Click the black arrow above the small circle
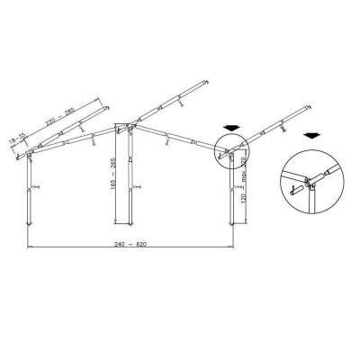click(x=230, y=128)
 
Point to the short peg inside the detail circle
click(x=295, y=190)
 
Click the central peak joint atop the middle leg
click(x=124, y=126)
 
